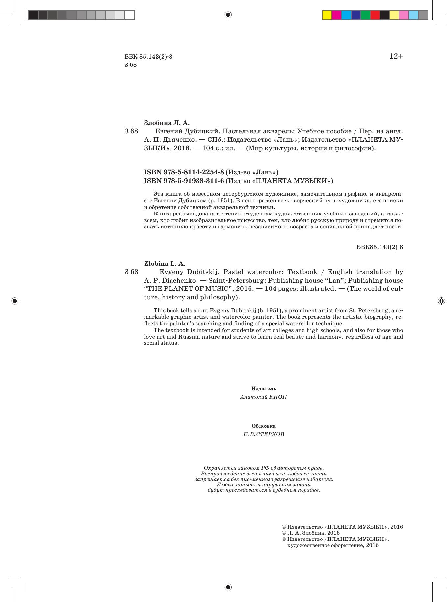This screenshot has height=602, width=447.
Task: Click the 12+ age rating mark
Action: [x=396, y=56]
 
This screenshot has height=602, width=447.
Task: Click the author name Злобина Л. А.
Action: [x=167, y=123]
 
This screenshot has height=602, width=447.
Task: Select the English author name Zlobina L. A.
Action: [x=165, y=263]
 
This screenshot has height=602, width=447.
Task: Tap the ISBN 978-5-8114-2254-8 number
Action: [x=184, y=172]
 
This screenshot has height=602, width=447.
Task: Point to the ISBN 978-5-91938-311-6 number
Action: [x=184, y=181]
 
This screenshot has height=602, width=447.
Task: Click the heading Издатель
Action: [x=264, y=389]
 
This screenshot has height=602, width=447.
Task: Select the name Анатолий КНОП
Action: [x=264, y=397]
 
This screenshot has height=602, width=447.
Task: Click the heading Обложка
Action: [x=264, y=426]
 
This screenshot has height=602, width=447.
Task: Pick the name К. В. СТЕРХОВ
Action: [x=264, y=434]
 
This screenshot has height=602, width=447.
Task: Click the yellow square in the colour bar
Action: [x=327, y=15]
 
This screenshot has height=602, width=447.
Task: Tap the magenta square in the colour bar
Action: [x=336, y=15]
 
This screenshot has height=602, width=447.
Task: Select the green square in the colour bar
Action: [x=365, y=15]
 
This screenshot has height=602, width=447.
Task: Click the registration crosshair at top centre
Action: [x=228, y=15]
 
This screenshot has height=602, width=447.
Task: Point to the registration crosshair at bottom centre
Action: [x=228, y=587]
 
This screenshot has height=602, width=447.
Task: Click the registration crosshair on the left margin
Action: [x=15, y=301]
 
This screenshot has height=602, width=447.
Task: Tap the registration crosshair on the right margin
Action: [x=441, y=301]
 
